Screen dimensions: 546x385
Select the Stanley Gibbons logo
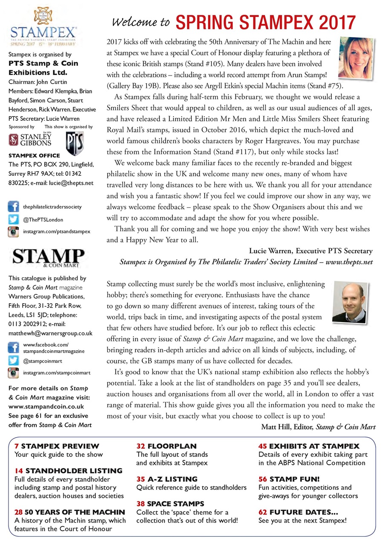(x=30, y=140)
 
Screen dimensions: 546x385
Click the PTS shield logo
(x=75, y=141)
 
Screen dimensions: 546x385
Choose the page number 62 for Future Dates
(x=263, y=512)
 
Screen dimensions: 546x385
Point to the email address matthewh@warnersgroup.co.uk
(x=51, y=333)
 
